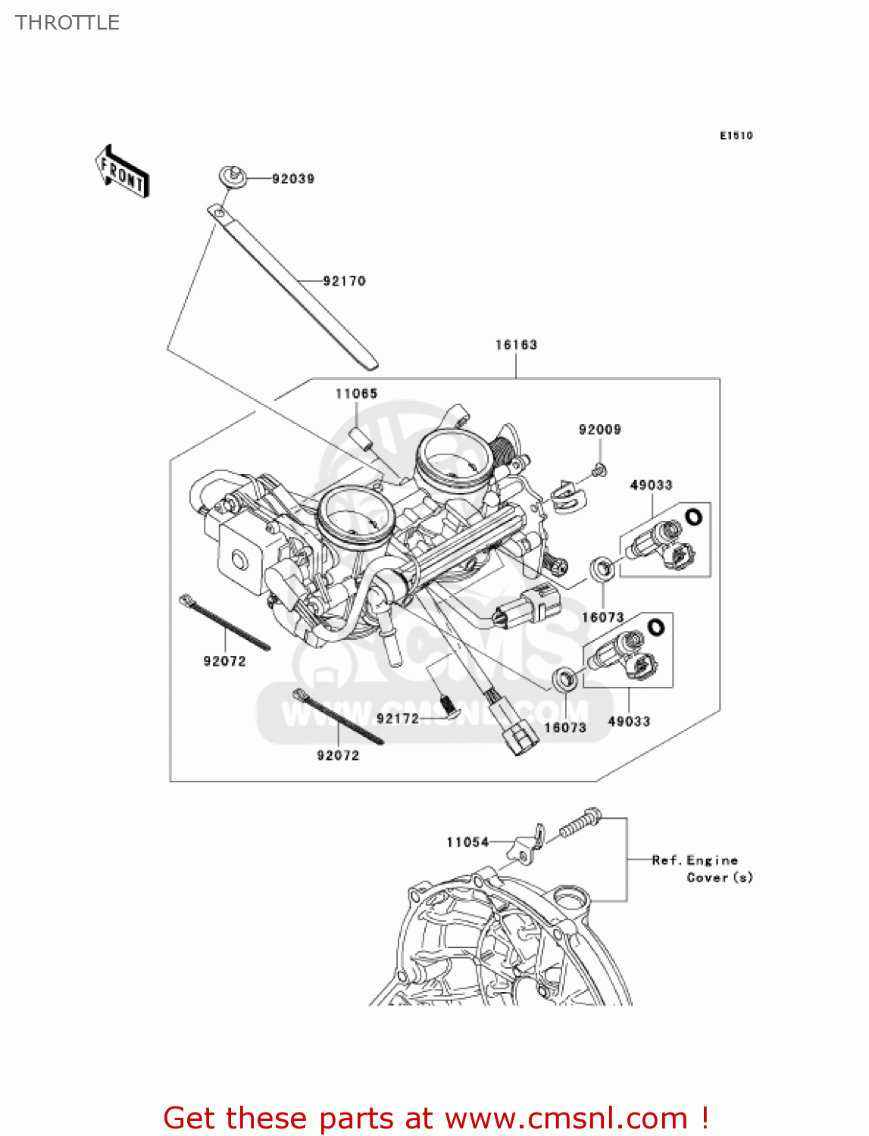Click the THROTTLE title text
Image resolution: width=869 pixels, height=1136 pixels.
pos(67,23)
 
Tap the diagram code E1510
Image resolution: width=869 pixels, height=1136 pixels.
pos(736,136)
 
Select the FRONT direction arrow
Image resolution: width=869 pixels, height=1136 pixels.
pos(122,172)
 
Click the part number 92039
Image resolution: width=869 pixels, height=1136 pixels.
pos(293,179)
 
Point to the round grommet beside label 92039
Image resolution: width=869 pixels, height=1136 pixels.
pos(233,177)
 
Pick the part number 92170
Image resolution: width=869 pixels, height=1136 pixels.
pos(344,281)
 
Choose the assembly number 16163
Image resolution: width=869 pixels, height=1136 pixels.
pos(516,345)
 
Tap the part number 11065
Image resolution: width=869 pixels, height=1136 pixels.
pos(356,393)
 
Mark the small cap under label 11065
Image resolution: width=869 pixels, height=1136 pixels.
pos(361,440)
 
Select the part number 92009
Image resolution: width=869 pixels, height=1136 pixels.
pos(599,429)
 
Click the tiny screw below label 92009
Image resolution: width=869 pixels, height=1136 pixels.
pos(599,471)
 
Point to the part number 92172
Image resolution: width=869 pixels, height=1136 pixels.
pos(398,718)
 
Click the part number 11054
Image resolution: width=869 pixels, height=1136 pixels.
pos(467,842)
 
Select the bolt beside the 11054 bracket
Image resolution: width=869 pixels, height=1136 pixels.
pos(580,823)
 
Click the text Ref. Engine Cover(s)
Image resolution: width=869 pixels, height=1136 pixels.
pos(702,869)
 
